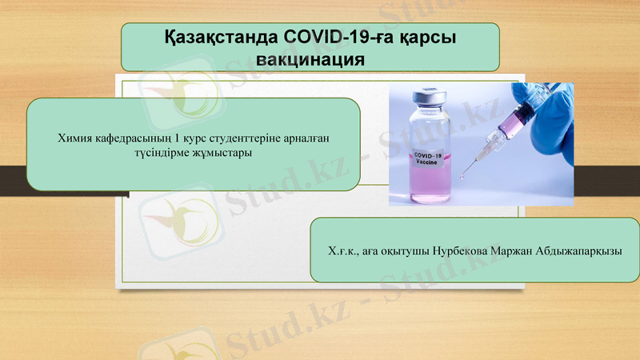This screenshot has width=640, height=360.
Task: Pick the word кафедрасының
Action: coord(135,138)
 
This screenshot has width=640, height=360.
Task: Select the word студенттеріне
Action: coord(247,138)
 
